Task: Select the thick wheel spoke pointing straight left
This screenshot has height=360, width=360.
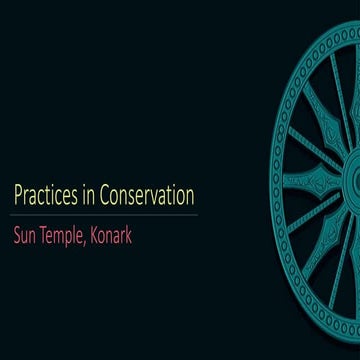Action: tap(310, 181)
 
